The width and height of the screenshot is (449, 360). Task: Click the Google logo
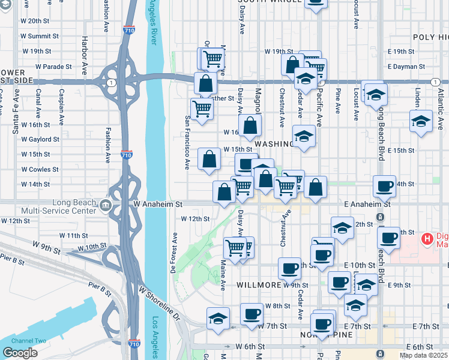point(20,352)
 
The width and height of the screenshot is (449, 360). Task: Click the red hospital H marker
point(427,239)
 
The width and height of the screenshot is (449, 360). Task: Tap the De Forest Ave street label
point(175,253)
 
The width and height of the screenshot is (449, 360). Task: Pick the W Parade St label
point(53,67)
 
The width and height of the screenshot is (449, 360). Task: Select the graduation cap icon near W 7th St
point(218,317)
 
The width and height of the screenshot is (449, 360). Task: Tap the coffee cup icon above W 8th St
point(251,313)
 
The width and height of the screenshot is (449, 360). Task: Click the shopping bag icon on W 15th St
point(209,160)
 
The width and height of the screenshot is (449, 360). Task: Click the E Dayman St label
point(406,67)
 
